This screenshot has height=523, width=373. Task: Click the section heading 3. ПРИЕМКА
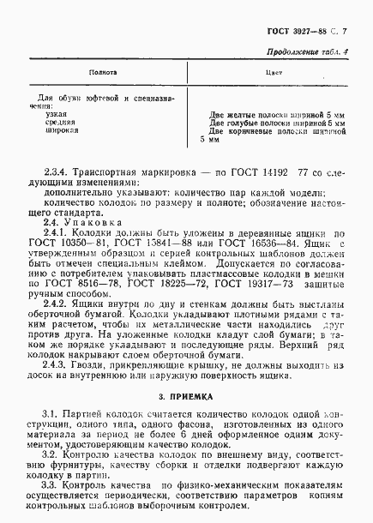coord(186,398)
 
